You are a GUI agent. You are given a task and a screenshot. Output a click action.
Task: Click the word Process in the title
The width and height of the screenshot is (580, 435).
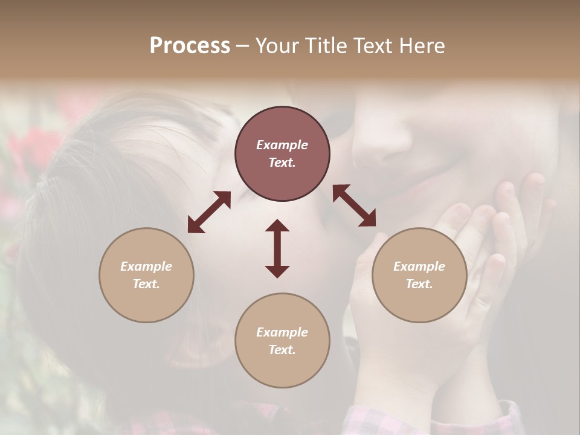[190, 46]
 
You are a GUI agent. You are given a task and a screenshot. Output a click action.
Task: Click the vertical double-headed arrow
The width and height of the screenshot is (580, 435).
[277, 248]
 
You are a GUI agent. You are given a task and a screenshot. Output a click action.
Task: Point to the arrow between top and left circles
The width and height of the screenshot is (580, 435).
[209, 212]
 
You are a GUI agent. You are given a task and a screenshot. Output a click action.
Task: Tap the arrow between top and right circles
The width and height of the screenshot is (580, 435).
[354, 205]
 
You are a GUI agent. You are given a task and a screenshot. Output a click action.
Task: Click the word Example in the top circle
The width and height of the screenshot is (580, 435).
[282, 145]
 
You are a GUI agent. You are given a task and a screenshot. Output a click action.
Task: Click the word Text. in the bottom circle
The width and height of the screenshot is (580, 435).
[282, 350]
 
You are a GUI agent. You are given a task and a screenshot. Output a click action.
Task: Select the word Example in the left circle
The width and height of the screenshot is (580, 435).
[146, 266]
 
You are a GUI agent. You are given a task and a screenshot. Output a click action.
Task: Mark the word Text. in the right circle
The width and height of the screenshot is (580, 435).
[419, 284]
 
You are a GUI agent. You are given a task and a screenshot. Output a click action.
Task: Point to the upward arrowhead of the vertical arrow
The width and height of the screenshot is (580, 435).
[277, 225]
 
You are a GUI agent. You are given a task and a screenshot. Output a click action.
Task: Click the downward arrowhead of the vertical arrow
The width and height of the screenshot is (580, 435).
[277, 271]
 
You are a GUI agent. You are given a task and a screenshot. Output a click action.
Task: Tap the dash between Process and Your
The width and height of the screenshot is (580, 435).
[242, 46]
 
